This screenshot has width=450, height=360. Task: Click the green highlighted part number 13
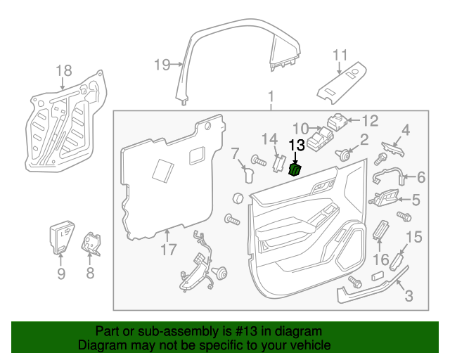coord(295,169)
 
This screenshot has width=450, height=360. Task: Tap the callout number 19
coord(161,65)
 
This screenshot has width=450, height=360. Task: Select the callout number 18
coord(63,70)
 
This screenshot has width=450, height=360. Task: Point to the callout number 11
coord(340,55)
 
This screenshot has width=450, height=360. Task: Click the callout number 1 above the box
coord(271,96)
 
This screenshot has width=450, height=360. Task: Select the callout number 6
coord(421,177)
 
